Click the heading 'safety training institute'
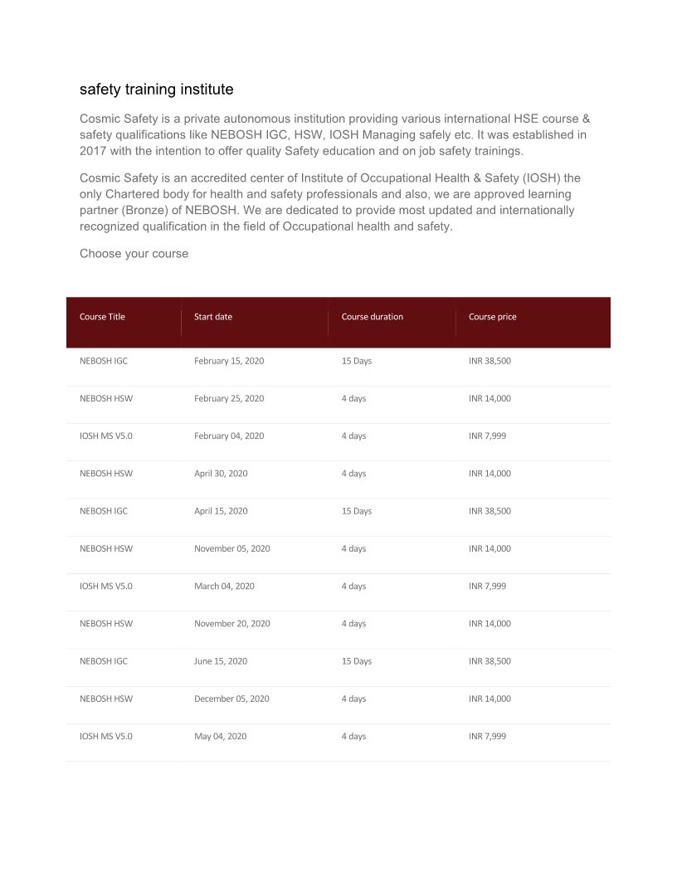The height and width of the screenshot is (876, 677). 156,89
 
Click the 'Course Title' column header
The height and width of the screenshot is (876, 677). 102,317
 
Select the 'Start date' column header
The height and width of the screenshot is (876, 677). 213,317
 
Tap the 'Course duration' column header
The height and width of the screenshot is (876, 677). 373,317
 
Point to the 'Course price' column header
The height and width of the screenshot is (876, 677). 493,317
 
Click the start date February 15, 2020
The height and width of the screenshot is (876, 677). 229,361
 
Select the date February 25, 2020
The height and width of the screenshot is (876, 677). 229,398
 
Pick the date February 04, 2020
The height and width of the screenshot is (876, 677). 229,436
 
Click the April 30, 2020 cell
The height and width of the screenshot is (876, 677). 221,474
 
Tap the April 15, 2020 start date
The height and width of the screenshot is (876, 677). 221,511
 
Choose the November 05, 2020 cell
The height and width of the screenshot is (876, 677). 232,548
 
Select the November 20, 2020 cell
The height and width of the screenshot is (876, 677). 232,623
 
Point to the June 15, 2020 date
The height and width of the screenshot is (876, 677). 221,661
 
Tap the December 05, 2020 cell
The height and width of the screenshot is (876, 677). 231,698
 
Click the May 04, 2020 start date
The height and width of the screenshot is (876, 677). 220,736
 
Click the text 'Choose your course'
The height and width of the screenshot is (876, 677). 134,254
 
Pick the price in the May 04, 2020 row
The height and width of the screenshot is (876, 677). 487,736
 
